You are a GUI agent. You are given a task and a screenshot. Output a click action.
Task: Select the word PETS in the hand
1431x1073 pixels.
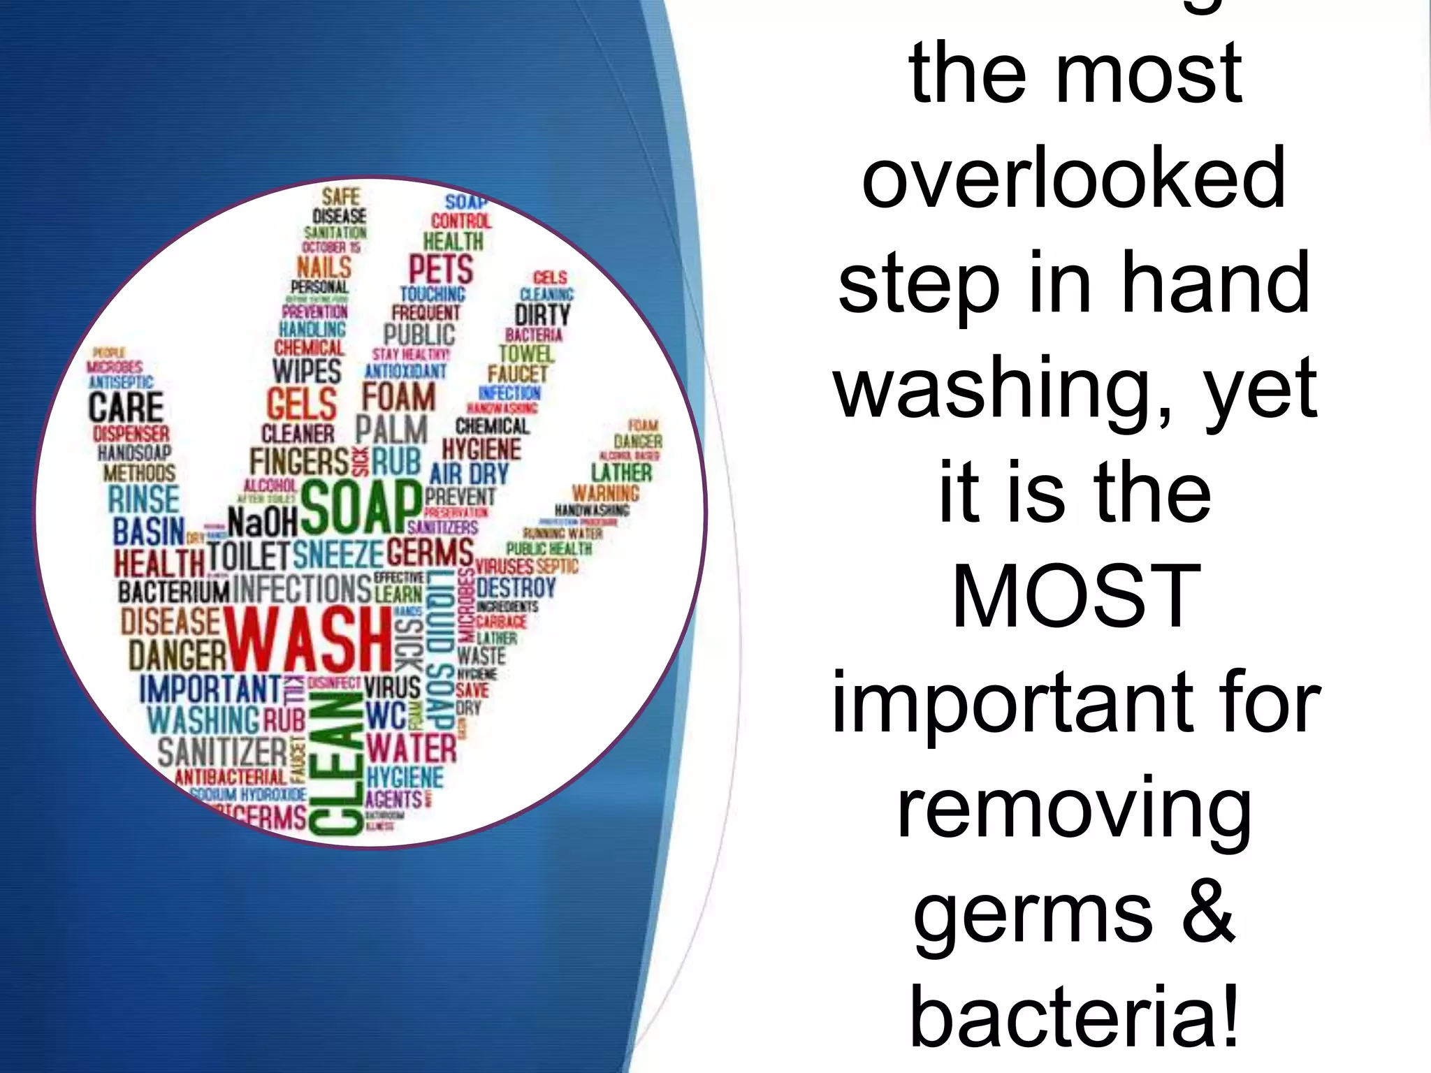441,269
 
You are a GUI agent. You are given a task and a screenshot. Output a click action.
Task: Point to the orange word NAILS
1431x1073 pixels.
324,266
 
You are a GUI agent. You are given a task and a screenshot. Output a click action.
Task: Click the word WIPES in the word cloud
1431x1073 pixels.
307,371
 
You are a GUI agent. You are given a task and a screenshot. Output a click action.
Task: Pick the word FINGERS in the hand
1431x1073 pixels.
299,462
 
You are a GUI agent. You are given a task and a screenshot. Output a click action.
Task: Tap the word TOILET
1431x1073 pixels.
248,556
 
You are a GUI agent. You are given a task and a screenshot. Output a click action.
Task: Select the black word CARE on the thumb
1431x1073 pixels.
126,407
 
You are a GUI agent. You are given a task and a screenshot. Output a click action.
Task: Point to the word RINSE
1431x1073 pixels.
144,499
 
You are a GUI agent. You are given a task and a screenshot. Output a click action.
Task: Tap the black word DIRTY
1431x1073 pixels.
542,314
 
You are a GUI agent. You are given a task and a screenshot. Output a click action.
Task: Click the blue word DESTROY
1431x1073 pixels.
516,587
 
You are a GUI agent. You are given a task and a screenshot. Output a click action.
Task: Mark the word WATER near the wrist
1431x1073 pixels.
412,748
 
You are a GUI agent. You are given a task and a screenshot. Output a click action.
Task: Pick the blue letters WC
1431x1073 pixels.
386,715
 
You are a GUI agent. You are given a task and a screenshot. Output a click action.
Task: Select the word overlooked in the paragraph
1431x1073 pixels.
1074,178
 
